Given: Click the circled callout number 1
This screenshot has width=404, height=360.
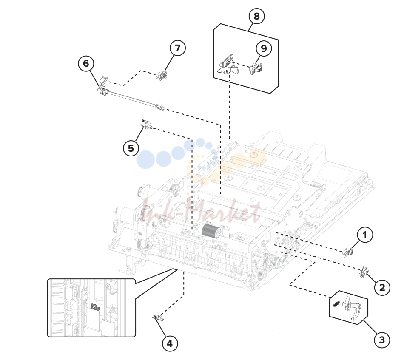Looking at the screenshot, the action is [x=364, y=235].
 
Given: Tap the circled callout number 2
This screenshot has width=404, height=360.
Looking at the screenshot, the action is [x=382, y=287].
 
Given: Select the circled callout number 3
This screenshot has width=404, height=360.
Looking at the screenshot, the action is [x=382, y=340].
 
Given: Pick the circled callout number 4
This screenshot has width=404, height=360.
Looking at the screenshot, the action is [x=170, y=343].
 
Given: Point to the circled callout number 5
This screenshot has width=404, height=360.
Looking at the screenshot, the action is [x=131, y=148].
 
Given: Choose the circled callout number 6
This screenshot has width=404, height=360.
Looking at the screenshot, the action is [x=86, y=64].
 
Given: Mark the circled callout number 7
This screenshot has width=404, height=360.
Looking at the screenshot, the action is [x=178, y=48].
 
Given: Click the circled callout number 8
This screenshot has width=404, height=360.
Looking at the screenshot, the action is [x=256, y=16].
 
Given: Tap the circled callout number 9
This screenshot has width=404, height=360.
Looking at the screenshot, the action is [x=264, y=48].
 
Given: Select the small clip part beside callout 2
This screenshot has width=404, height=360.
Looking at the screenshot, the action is [x=364, y=272].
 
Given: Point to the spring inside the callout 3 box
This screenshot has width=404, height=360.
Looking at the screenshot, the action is [x=336, y=304].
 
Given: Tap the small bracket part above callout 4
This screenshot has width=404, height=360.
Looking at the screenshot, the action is [x=158, y=318].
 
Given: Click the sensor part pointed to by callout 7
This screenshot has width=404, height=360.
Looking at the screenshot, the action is [x=161, y=75].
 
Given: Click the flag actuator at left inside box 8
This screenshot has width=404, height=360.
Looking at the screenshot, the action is [x=228, y=65].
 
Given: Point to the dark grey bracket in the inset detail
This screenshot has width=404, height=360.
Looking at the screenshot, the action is [x=95, y=307].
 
